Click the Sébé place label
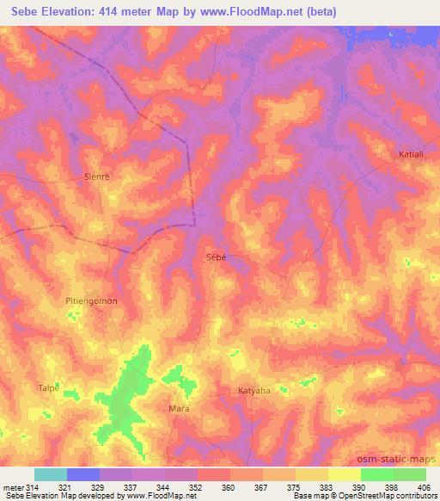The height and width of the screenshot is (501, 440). tap(217, 257)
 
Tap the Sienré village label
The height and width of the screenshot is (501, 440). tap(100, 173)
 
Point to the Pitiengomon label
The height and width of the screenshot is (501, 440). tap(91, 301)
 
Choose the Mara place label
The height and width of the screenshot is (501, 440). tap(179, 408)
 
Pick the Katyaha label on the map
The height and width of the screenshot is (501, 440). tap(254, 390)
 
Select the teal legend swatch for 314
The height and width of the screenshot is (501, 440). tap(50, 474)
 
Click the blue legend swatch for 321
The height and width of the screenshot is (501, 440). tap(83, 474)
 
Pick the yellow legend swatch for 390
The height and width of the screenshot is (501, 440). tap(344, 474)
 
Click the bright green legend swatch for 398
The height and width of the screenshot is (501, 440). tap(376, 474)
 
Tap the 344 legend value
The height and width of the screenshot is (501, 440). tap(159, 488)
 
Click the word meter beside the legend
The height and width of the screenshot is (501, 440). tap(14, 488)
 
